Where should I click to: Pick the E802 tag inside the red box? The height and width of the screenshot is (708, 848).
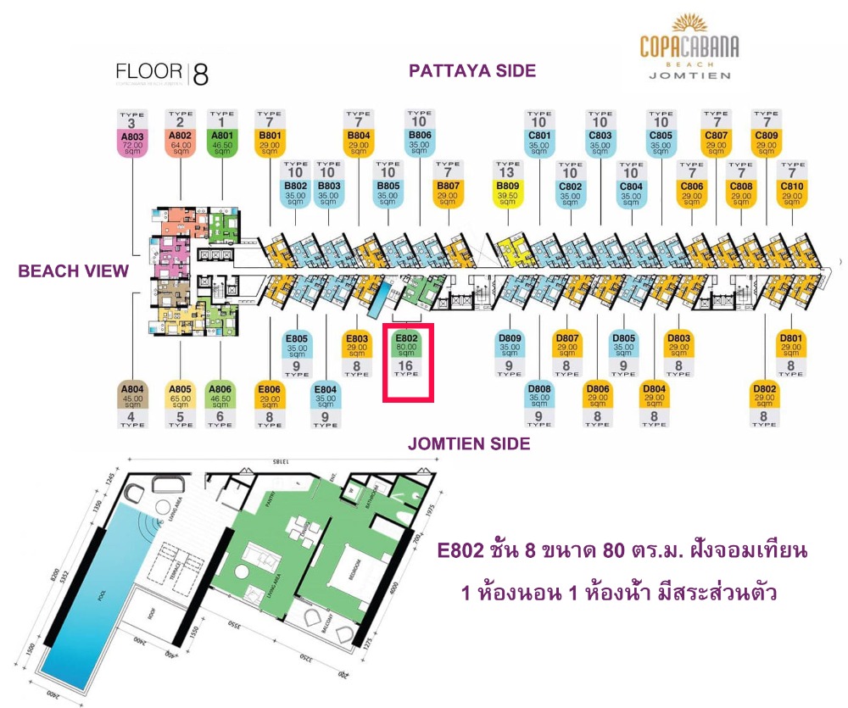(x=405, y=348)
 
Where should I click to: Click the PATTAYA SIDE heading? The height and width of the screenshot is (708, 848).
(x=472, y=71)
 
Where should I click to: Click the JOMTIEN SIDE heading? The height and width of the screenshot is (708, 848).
(x=469, y=443)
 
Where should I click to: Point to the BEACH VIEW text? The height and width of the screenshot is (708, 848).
(x=74, y=271)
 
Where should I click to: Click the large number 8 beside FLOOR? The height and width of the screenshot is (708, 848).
(x=201, y=75)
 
